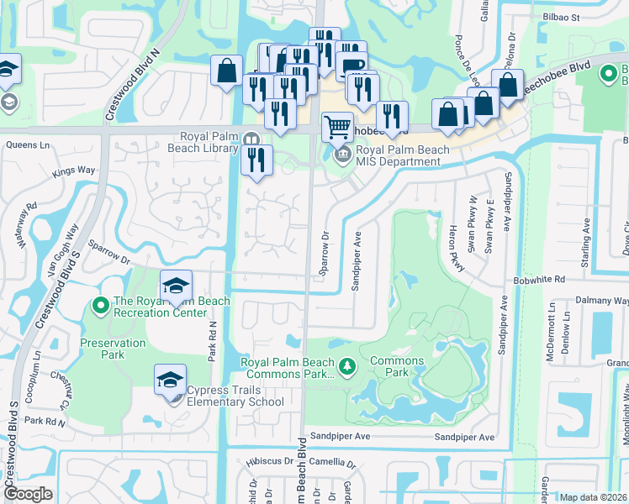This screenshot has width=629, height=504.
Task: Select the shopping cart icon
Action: (337, 127)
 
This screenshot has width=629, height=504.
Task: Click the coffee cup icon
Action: (351, 65)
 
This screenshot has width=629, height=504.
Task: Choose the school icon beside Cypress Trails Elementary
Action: (170, 381)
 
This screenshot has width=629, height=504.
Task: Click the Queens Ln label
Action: (29, 144)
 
